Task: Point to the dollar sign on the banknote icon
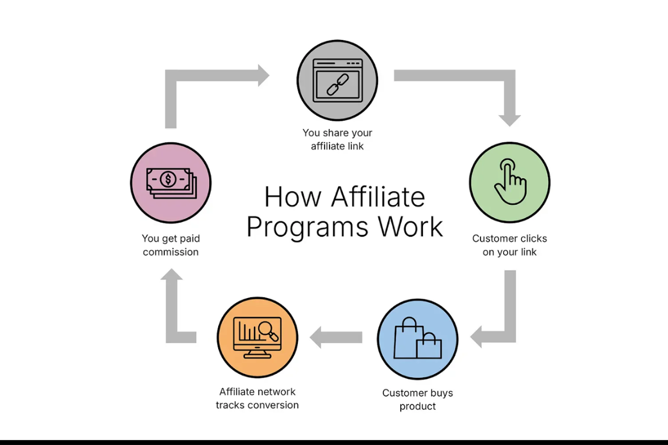coord(168,179)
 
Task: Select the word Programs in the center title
coord(308,226)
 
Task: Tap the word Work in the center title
coord(411,226)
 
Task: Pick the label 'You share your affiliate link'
coord(337,140)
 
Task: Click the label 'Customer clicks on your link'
coord(509,245)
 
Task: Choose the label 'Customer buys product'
coord(417,399)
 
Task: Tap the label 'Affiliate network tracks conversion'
coord(257,398)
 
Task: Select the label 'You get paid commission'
coord(171,245)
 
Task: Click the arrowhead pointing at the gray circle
coord(262,75)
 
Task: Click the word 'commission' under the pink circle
coord(171,252)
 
